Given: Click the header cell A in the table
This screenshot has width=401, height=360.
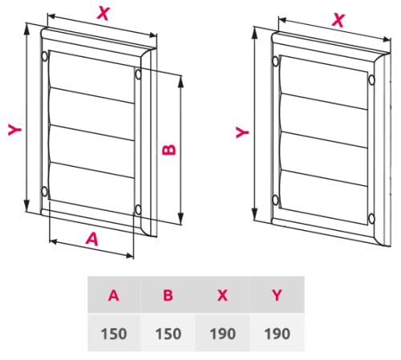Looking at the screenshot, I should [114, 295].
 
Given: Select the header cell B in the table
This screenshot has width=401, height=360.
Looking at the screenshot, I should [168, 295].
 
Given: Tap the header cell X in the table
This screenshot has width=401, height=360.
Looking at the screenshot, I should [222, 295].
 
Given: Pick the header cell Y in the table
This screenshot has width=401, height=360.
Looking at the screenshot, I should [277, 295].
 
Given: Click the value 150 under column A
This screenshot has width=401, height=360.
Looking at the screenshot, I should [114, 333].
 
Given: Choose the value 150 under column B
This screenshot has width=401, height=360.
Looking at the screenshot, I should [168, 333].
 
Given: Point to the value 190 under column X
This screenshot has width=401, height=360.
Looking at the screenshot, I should [222, 333].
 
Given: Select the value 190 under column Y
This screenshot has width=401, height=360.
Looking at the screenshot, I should [277, 333].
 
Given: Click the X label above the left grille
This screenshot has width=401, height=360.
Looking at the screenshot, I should [103, 12].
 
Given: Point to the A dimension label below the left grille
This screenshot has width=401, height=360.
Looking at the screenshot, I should [91, 237].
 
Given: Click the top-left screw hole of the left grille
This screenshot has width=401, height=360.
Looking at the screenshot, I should [43, 55].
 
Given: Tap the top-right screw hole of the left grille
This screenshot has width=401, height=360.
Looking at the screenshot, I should [139, 75].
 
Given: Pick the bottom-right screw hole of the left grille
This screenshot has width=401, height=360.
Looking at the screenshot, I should [139, 210].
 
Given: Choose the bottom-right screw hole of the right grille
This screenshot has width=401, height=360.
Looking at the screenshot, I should [371, 216].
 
